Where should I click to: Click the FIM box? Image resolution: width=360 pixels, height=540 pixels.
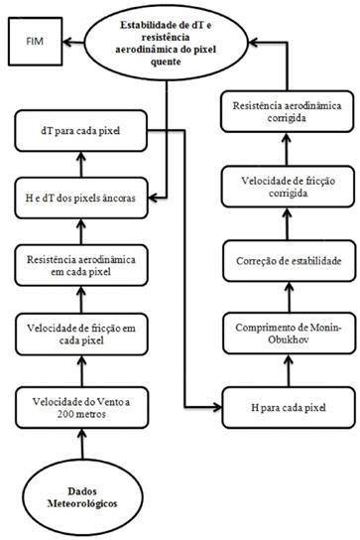pyautogui.click(x=36, y=44)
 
